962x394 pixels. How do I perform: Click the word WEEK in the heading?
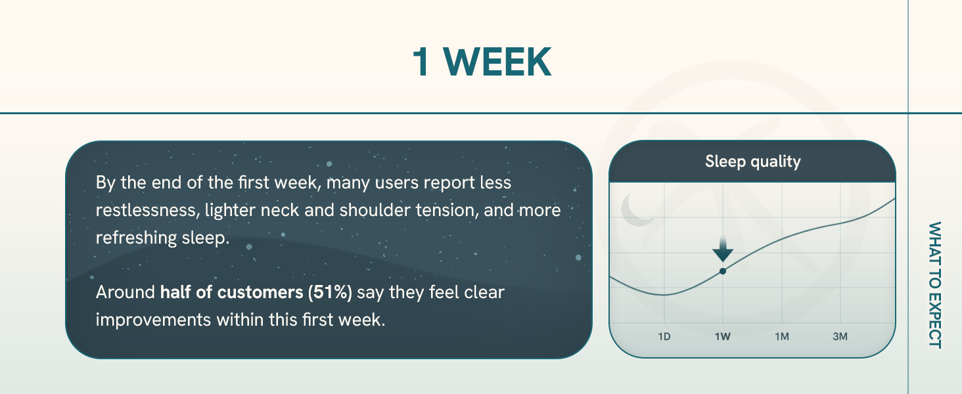(497, 62)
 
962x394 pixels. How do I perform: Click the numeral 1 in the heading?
(421, 62)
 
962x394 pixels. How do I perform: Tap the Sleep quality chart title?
(753, 162)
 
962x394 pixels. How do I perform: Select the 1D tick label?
(664, 336)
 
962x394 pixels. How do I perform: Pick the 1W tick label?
(722, 336)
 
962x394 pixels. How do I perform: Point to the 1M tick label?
(782, 336)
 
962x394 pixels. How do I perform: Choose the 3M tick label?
(840, 336)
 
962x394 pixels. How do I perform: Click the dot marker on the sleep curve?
(723, 271)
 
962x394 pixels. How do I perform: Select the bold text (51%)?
(330, 292)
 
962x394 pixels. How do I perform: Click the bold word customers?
(260, 292)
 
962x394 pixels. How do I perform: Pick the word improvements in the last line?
(153, 320)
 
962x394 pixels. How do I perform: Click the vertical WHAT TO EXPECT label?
(935, 285)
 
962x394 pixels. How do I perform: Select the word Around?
(125, 292)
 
